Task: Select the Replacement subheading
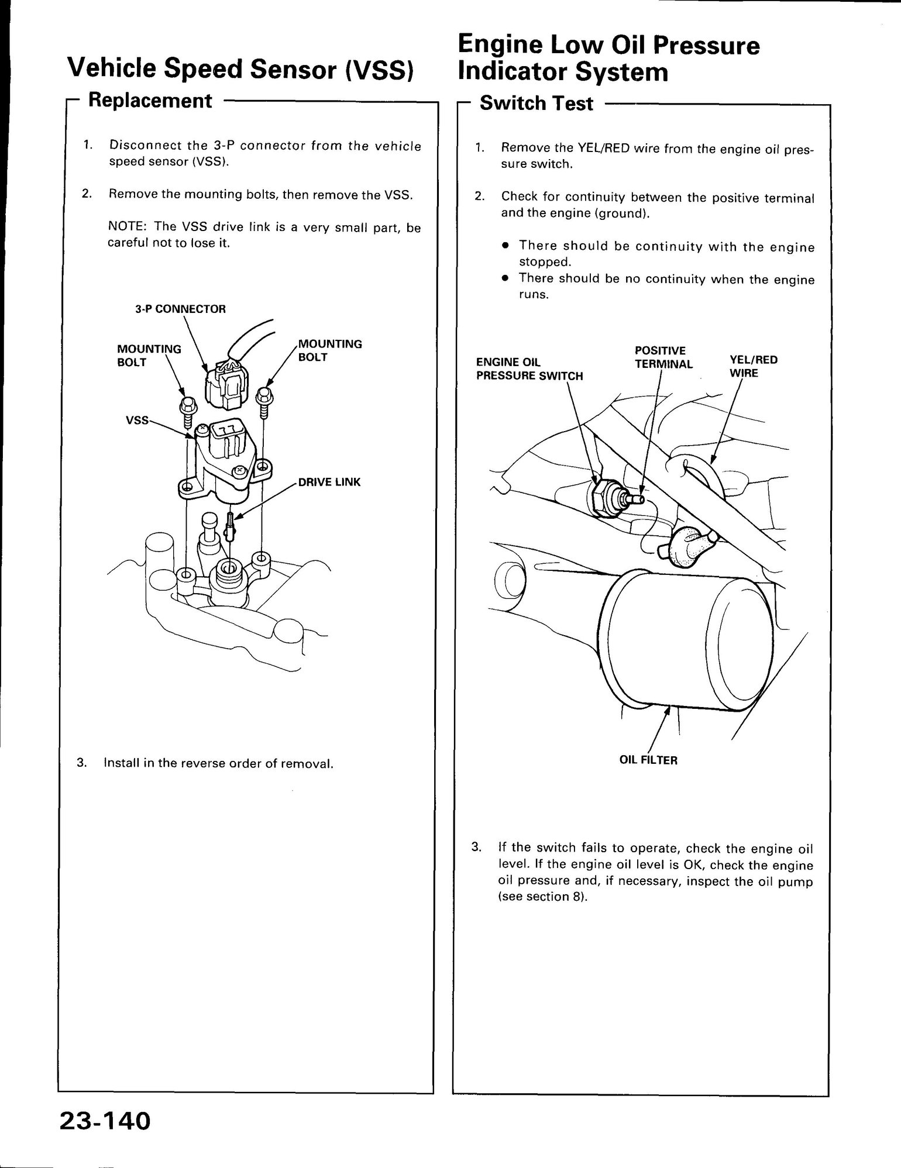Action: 149,101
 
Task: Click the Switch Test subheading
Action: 536,104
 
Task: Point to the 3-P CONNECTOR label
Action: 180,309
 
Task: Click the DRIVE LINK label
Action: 329,482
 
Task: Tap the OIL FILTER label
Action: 648,760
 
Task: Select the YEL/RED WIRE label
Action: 753,366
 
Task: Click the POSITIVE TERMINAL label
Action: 663,357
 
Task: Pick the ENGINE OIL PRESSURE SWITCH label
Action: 529,368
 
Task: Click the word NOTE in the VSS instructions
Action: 125,227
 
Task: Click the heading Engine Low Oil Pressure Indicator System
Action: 608,58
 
